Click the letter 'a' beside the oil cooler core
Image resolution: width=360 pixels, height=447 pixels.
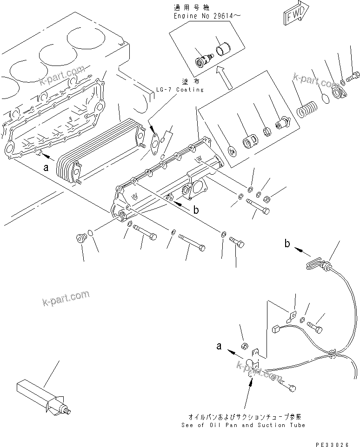[x=46, y=169]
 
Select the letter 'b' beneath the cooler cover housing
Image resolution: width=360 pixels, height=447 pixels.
[x=196, y=210]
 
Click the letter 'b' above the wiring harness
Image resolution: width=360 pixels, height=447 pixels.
[x=287, y=243]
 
